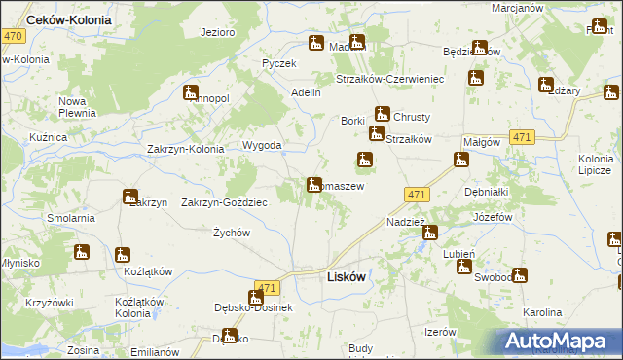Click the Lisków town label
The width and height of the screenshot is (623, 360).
click(x=344, y=276)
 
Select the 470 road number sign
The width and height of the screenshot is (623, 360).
click(x=14, y=36)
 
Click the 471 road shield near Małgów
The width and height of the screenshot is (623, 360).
click(x=522, y=138)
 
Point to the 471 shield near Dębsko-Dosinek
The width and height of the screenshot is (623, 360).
click(x=269, y=288)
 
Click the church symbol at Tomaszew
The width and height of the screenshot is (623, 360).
click(x=314, y=184)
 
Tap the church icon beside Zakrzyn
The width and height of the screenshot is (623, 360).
click(x=130, y=198)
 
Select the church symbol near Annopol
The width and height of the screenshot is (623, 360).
click(x=191, y=93)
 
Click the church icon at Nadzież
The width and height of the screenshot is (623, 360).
click(x=429, y=233)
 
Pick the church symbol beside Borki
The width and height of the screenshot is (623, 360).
click(x=375, y=132)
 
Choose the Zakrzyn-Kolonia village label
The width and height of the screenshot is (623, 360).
click(x=185, y=149)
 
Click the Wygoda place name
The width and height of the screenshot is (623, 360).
click(x=262, y=146)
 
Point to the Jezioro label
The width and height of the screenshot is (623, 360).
click(x=218, y=32)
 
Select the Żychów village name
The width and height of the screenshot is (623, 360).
click(x=233, y=233)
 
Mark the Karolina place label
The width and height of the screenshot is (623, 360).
click(x=542, y=313)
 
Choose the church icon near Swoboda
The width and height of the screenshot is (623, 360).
click(x=519, y=275)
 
